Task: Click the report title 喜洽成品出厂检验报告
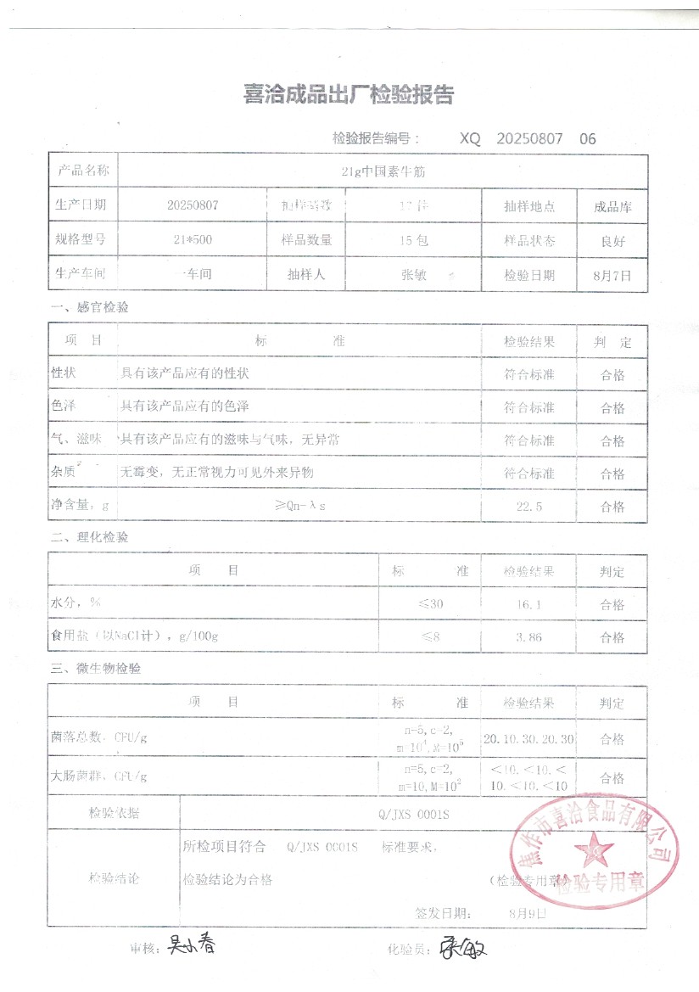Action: point(348,95)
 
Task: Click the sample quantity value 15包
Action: point(414,240)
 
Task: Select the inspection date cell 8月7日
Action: point(613,275)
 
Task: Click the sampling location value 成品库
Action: point(613,206)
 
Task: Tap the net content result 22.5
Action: point(528,507)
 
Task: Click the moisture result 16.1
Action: point(528,604)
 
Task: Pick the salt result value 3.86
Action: point(528,637)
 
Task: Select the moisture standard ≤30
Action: point(430,604)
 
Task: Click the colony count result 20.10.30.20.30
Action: point(528,738)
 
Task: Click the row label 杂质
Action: point(64,473)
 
